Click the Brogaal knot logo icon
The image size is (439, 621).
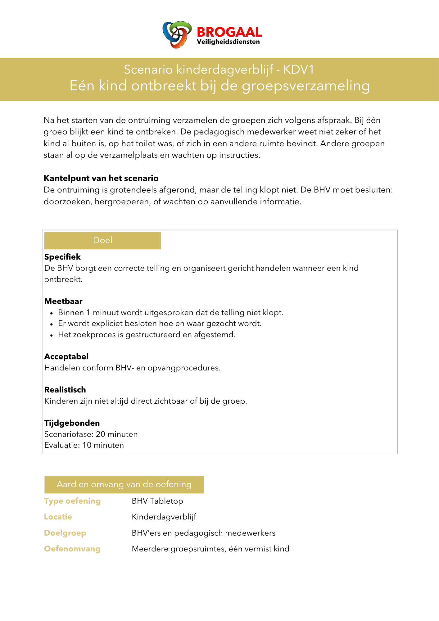[177, 34]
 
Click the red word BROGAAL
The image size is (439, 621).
[229, 32]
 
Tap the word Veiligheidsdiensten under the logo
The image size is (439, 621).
[228, 42]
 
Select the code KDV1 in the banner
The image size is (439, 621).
[299, 70]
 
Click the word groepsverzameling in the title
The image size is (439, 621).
[306, 86]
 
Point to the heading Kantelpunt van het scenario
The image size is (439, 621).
[101, 178]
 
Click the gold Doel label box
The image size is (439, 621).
[102, 240]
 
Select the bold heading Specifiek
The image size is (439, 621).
[62, 257]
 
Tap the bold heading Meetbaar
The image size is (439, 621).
[63, 301]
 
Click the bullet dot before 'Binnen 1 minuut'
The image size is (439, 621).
[52, 313]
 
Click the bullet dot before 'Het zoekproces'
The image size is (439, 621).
[52, 335]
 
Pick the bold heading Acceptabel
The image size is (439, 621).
[66, 356]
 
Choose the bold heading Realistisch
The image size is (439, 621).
[65, 390]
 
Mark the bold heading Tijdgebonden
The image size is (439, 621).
[72, 423]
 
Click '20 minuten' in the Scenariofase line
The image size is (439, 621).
[117, 434]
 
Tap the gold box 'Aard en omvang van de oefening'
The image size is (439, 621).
[124, 484]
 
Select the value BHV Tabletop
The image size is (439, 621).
[157, 501]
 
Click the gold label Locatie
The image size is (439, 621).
[58, 517]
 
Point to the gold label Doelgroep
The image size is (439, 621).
[65, 533]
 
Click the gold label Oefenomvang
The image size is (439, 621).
[72, 549]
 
